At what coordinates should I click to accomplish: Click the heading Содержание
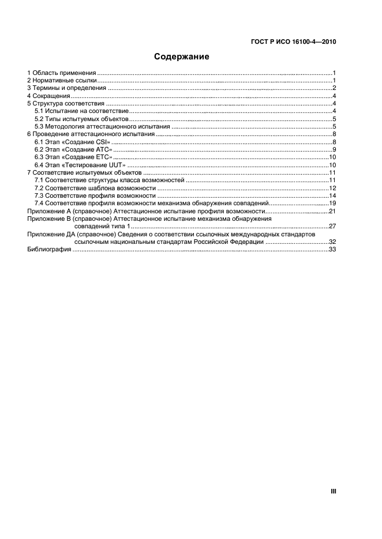point(181,57)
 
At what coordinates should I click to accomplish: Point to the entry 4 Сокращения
point(49,96)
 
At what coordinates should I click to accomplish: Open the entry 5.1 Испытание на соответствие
point(81,111)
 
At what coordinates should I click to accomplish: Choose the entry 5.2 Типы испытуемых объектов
point(81,118)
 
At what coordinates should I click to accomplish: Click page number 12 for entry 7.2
point(332,188)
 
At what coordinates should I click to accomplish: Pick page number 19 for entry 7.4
point(332,203)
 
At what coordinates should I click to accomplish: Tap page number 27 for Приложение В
point(332,227)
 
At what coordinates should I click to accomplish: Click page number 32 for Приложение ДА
point(332,242)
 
